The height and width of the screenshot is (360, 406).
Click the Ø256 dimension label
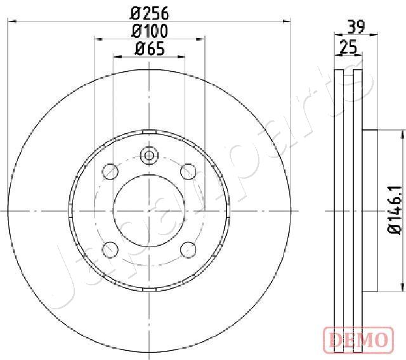pos(149,13)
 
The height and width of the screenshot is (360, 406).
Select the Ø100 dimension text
pos(150,31)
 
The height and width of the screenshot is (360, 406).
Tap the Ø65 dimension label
pos(150,49)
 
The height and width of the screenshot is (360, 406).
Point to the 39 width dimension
pos(356,27)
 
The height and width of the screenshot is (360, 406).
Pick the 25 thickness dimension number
pos(348,47)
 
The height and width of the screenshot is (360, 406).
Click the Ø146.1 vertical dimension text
pos(394,210)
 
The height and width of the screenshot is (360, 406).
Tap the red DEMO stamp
pos(358,340)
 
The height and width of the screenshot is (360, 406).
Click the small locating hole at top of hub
pos(149,155)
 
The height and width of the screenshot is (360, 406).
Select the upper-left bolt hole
pos(110,172)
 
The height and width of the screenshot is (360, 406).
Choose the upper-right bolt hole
pos(188,172)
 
